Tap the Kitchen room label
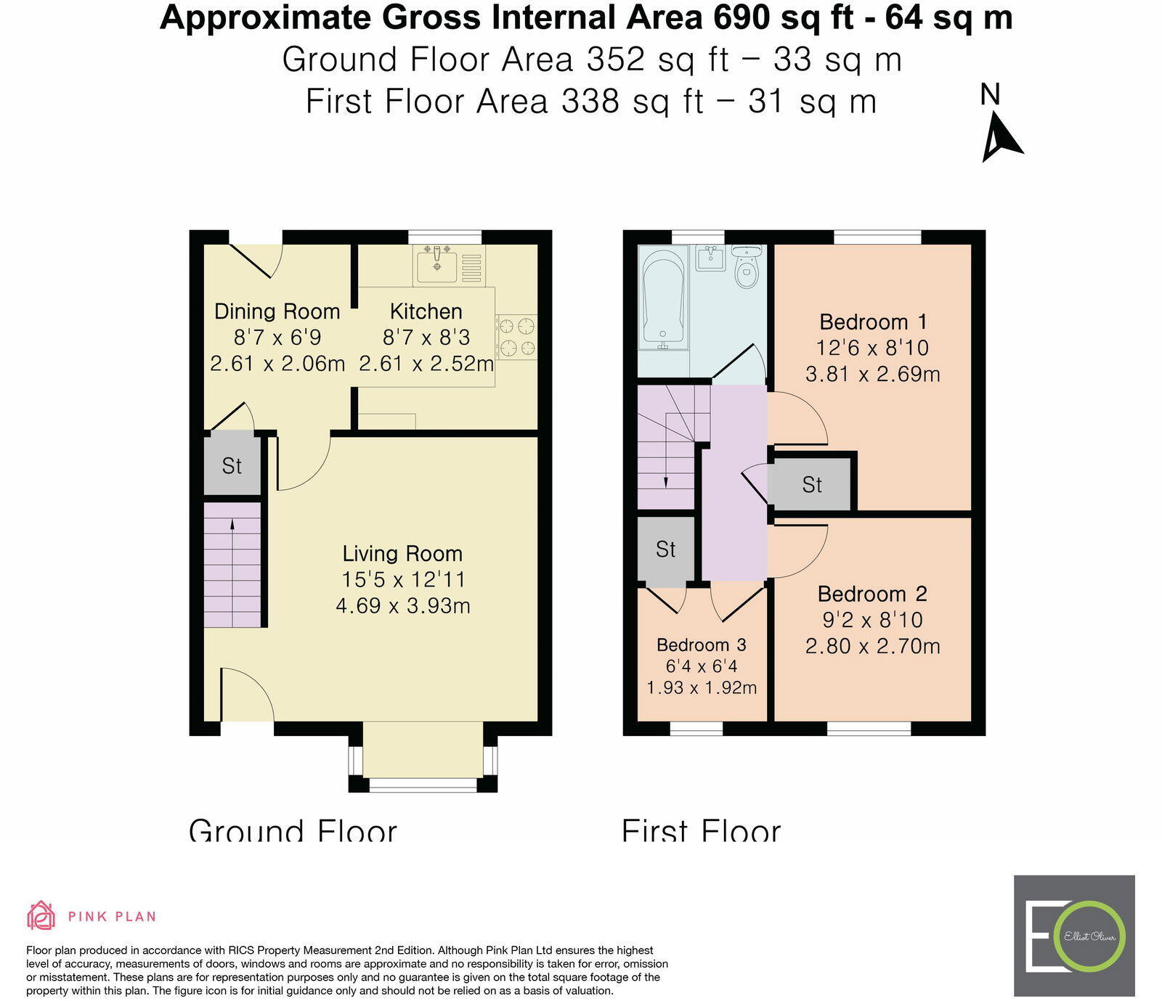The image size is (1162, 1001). click(x=426, y=311)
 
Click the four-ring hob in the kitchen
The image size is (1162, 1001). click(x=516, y=337)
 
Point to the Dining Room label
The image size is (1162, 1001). click(x=277, y=311)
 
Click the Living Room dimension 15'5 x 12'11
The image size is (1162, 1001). click(x=403, y=579)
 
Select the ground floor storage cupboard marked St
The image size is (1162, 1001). click(x=232, y=465)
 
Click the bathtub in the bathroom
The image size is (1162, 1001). click(x=663, y=298)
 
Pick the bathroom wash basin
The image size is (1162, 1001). click(x=710, y=258)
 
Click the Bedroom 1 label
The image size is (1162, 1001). click(x=873, y=322)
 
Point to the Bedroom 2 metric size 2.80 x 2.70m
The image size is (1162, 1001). click(x=872, y=646)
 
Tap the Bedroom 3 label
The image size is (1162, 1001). click(x=701, y=645)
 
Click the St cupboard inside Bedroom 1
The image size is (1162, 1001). click(x=811, y=484)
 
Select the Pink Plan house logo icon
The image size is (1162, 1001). click(x=41, y=915)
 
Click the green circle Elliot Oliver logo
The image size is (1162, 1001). click(x=1090, y=936)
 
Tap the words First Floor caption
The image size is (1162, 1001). click(x=701, y=830)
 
